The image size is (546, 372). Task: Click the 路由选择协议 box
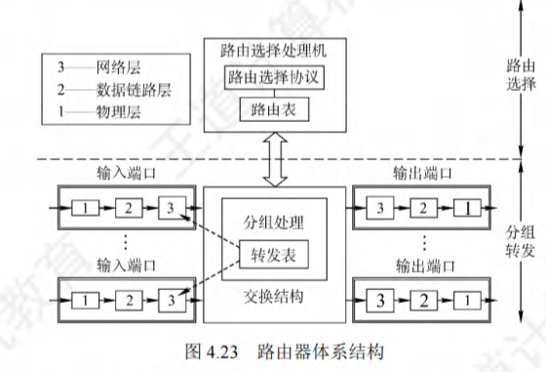(x=274, y=77)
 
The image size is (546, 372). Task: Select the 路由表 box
(x=274, y=109)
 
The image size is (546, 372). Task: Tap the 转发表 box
(x=274, y=255)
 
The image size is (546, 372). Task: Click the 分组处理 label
(x=274, y=223)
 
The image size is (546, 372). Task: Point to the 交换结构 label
(x=274, y=297)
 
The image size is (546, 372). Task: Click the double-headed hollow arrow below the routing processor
(x=275, y=159)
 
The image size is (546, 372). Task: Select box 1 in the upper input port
(x=86, y=208)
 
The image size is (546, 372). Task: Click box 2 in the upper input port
(x=129, y=208)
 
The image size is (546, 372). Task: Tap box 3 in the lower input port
(x=172, y=300)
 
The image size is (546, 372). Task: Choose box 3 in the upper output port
(x=380, y=208)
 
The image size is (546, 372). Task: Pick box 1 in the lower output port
(x=467, y=300)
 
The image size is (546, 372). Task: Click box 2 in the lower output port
(x=424, y=300)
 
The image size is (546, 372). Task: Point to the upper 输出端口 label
(x=423, y=173)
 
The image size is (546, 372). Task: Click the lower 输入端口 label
(x=126, y=266)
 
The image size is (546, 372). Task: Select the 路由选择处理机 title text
(x=274, y=51)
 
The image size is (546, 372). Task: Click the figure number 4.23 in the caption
(x=222, y=352)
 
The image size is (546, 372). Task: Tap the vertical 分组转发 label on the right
(x=521, y=241)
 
